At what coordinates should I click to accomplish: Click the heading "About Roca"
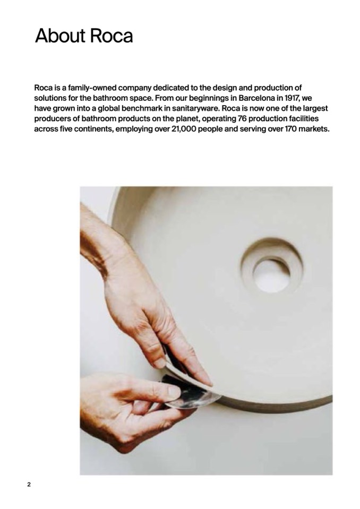pos(84,36)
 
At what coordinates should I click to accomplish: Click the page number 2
pos(29,485)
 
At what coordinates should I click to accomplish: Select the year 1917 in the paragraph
pos(293,98)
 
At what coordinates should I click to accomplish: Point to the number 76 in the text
pos(242,118)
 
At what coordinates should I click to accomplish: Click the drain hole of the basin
pos(271,276)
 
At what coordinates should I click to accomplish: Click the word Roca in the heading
pos(111,36)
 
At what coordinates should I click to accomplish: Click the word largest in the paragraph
pos(315,108)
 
